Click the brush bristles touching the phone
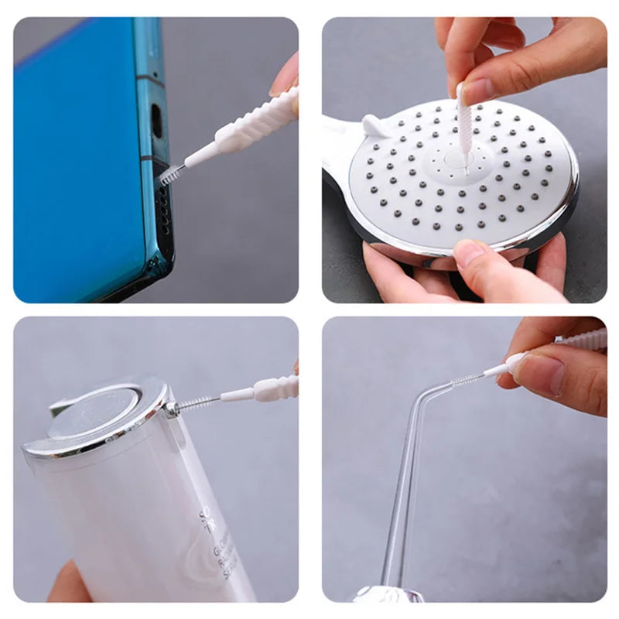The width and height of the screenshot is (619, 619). pyautogui.click(x=169, y=173)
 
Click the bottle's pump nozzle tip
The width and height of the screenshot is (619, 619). pyautogui.click(x=172, y=409)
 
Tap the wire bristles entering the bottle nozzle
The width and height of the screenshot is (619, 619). pyautogui.click(x=197, y=402)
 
